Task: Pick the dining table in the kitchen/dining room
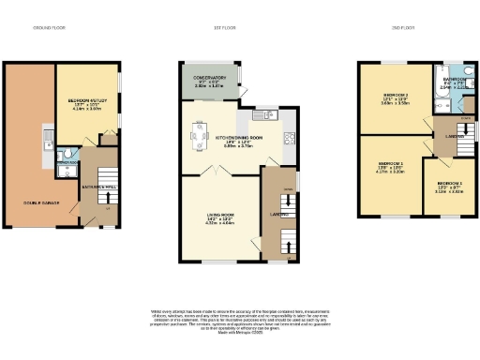point(201,134)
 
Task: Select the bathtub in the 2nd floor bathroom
point(441,88)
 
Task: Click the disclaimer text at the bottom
point(239,319)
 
